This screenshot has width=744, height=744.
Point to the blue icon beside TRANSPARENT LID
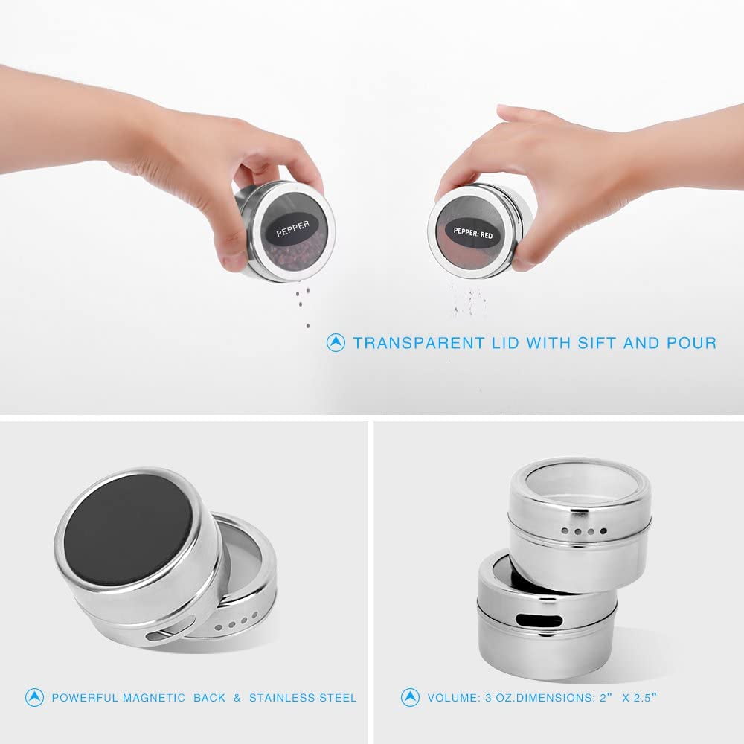336,343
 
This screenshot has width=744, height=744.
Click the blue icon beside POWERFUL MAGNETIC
34,698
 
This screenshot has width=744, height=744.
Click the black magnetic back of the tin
128,527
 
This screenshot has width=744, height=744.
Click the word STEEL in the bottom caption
339,698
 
